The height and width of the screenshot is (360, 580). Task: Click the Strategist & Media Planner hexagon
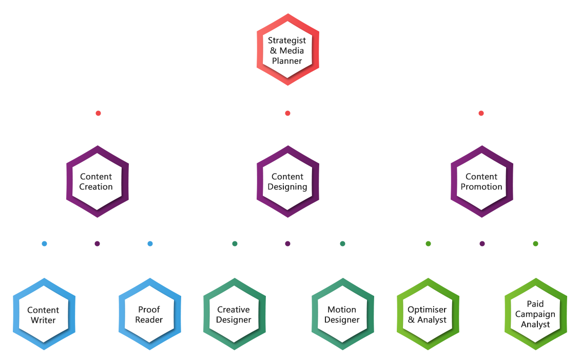coord(287,50)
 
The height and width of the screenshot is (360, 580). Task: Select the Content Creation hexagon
coord(96,182)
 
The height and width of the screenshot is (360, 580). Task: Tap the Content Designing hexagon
coord(287,182)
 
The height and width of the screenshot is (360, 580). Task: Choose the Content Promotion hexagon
coord(481,182)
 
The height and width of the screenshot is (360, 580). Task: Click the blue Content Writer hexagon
coord(43,315)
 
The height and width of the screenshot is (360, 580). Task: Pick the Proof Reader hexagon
coord(149,315)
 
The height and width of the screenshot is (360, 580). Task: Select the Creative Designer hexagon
coord(234,315)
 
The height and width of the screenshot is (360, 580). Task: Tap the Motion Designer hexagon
coord(342,315)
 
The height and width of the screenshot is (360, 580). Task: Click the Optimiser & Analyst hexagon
coord(427,315)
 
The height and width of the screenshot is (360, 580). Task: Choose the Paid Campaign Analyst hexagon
coord(535,315)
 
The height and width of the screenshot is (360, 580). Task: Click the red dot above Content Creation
coord(98,113)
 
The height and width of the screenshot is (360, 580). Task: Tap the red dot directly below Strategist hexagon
coord(287,113)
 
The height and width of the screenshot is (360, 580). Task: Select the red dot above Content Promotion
coord(481,113)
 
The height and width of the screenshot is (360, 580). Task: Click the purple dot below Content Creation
coord(97,243)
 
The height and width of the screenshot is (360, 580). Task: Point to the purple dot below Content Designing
coord(287,243)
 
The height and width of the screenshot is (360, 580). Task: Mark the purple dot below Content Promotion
coord(482,243)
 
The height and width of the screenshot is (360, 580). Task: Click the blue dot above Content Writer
coord(44,243)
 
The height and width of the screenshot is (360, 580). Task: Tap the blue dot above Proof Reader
coord(150,243)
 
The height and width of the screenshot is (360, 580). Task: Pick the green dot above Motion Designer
coord(342,243)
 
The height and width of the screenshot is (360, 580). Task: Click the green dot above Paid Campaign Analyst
coord(535,243)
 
